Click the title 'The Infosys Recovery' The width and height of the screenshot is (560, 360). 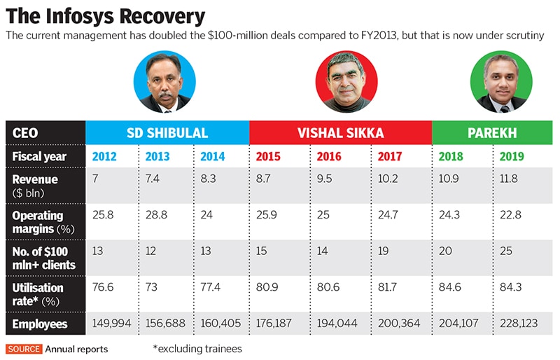click(x=105, y=15)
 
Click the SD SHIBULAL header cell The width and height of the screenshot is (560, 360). click(x=167, y=132)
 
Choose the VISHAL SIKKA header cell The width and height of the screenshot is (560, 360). click(x=340, y=132)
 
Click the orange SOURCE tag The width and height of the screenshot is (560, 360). click(x=24, y=348)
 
